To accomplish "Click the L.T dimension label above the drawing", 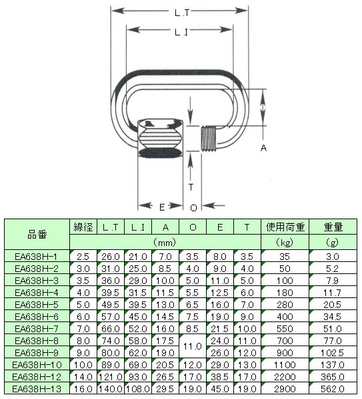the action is pos(182,13).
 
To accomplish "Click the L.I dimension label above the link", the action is pos(181,32).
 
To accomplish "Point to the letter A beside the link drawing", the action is pos(263,148).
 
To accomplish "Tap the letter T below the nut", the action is pos(191,187).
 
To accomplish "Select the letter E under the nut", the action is pos(162,207).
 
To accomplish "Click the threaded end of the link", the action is pos(209,138).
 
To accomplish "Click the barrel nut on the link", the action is pos(161,138).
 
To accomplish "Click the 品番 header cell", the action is pos(37,235).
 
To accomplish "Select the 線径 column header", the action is pos(83,227).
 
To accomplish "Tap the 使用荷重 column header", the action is pos(285,227).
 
